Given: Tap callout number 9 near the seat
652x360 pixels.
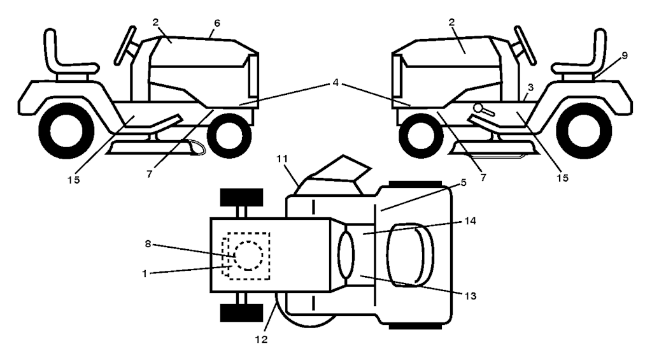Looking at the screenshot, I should coord(624,55).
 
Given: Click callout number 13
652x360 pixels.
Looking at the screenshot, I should coord(469,296).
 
